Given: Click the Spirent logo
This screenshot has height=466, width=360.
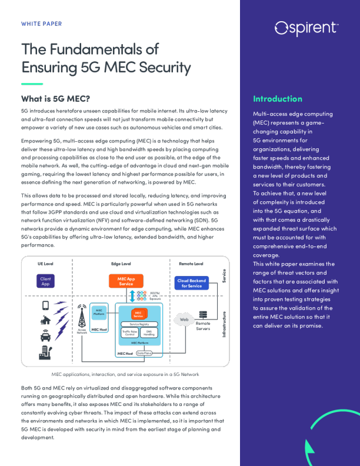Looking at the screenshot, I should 306,28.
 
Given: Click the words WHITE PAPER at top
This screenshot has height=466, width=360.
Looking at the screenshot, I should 41,24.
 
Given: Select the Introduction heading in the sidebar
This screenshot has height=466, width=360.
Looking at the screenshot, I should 277,99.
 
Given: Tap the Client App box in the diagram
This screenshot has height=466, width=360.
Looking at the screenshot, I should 45,281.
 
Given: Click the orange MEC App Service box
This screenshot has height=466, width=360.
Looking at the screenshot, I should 126,281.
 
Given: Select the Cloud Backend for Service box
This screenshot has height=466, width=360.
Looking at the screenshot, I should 191,283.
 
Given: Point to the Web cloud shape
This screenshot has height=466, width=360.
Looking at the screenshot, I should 184,319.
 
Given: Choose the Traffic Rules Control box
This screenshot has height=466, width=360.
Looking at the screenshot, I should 129,333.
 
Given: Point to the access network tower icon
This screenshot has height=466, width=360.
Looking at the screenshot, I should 82,318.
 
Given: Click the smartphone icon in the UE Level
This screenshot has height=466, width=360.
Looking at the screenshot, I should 45,305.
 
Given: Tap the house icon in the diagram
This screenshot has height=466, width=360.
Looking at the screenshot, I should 45,321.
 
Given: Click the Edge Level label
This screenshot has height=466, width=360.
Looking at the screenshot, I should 121,264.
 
